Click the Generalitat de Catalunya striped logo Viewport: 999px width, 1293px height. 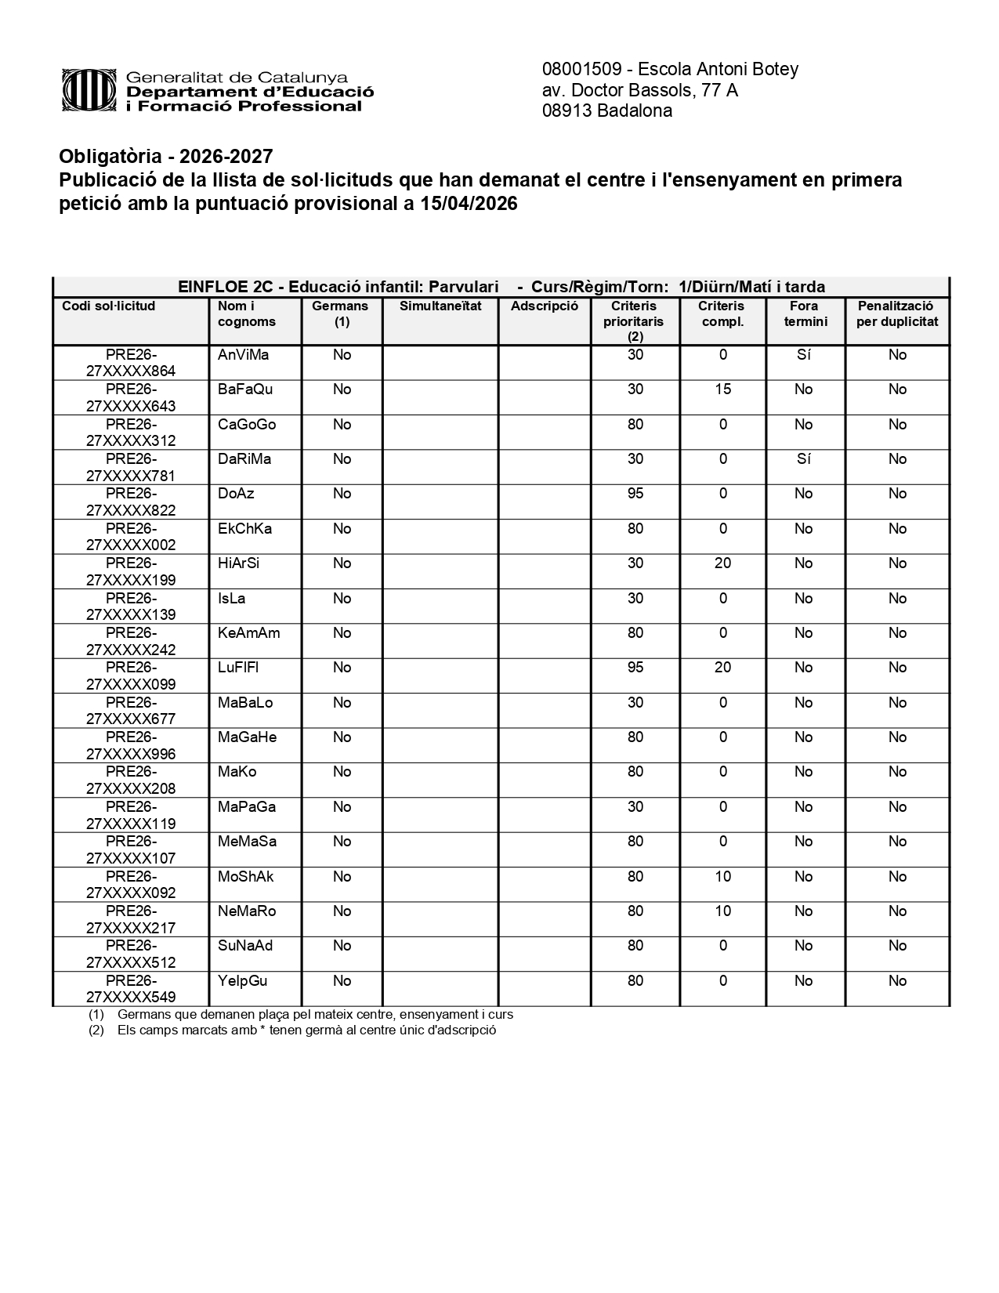[90, 91]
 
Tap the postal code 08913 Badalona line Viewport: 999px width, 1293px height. [606, 110]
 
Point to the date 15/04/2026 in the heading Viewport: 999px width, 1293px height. [467, 204]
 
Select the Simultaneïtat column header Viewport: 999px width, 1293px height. [440, 306]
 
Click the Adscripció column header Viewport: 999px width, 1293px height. [544, 306]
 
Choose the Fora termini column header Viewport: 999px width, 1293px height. [805, 313]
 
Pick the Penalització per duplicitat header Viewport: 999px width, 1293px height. [896, 313]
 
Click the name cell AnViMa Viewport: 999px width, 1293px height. [243, 355]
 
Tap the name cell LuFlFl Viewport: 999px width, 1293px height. [237, 668]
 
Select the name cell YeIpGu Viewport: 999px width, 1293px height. [242, 981]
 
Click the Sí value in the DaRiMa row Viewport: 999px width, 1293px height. [803, 459]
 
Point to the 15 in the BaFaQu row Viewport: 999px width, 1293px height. [722, 389]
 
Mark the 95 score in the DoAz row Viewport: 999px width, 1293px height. [635, 494]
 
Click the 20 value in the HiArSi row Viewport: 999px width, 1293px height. [722, 563]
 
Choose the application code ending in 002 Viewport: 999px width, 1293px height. [131, 537]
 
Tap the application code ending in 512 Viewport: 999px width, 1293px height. [131, 954]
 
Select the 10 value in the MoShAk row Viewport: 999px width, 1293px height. [722, 877]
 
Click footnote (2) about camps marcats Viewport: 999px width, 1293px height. [306, 1030]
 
